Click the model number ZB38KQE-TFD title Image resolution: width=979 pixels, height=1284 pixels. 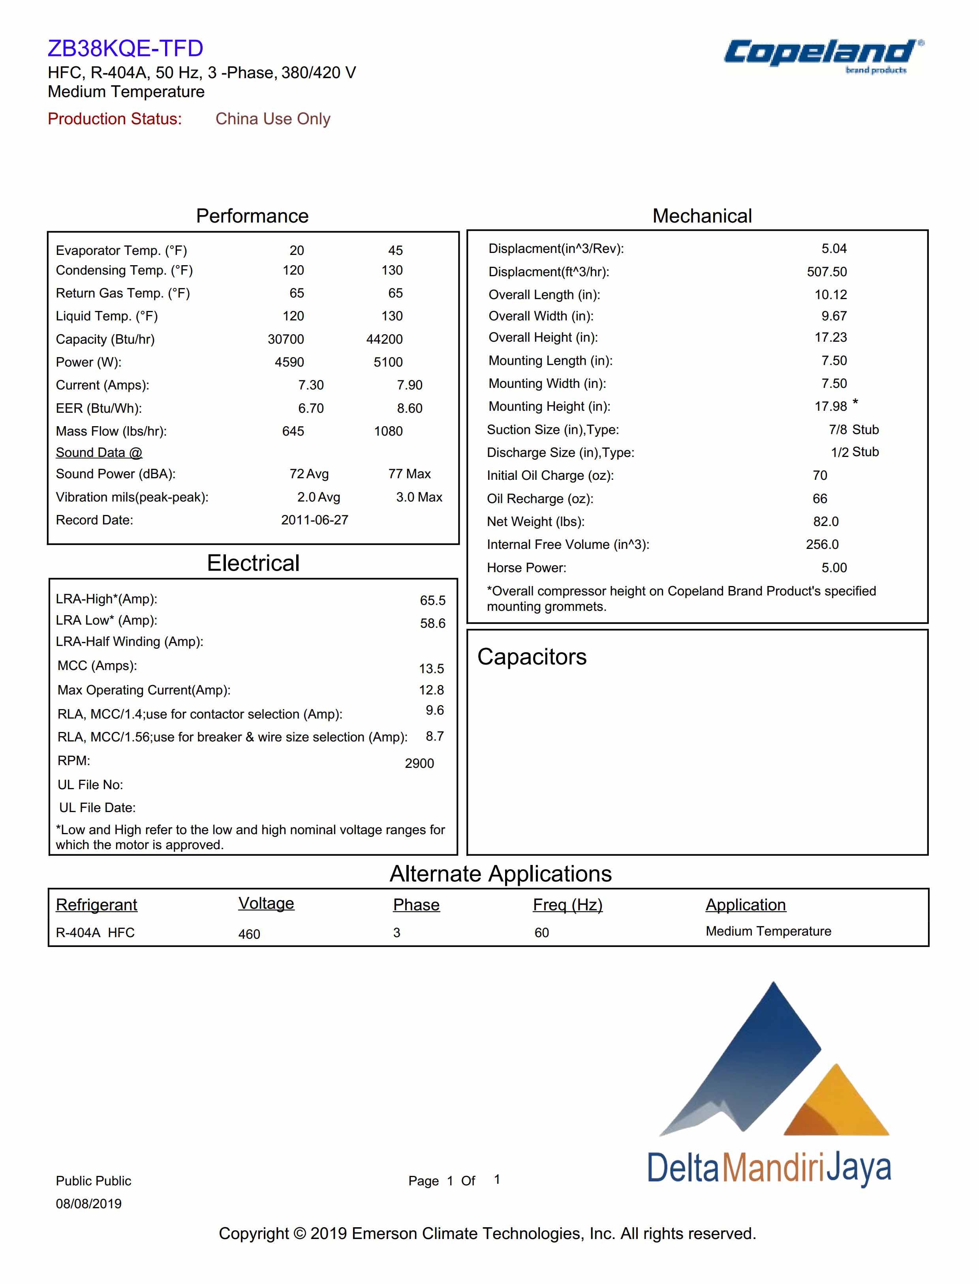coord(125,48)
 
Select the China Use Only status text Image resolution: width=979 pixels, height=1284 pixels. coord(273,119)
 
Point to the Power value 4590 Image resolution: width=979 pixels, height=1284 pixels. coord(289,362)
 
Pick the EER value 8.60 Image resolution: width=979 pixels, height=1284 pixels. coord(409,408)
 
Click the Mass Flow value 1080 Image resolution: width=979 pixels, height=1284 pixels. coord(388,431)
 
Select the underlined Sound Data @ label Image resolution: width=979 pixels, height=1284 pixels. coord(99,453)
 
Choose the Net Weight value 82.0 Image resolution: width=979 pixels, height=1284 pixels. coord(826,522)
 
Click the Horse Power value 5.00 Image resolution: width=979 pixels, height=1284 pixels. coord(834,568)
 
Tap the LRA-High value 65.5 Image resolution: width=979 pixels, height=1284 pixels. coord(432,600)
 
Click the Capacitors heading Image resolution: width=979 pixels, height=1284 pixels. coord(532,657)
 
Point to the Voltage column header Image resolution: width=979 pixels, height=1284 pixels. coord(266,903)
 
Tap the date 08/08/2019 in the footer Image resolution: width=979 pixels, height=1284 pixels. coord(88,1204)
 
